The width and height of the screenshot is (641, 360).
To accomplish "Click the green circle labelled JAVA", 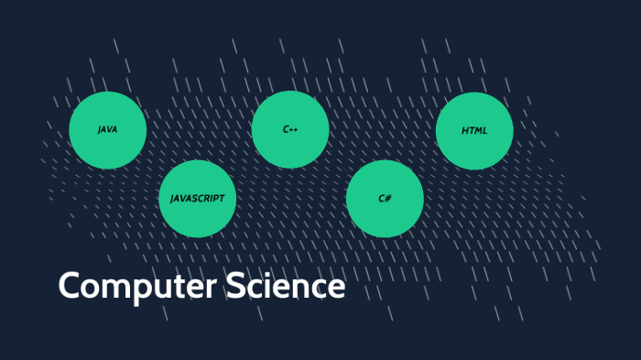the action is coord(107,130).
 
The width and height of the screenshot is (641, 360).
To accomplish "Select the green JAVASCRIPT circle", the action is coord(198,199).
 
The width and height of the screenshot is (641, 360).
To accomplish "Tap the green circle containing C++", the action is coord(290,129).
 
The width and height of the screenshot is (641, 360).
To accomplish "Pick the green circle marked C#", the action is coord(385,199).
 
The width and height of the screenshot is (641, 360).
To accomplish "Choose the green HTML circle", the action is coord(474,131).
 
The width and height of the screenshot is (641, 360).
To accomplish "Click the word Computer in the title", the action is coord(137,287).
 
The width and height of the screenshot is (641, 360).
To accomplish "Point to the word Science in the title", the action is coord(286,285).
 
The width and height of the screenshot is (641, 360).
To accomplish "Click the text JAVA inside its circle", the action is coord(107,130).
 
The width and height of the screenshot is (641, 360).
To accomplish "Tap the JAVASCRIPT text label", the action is coord(198,199).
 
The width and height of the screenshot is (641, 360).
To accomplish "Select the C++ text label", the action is coord(290,129).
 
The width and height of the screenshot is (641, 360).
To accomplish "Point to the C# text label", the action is coord(385,199).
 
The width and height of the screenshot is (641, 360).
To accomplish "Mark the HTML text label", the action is coord(474,131).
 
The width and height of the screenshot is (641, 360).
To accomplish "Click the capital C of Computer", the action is coord(69,285).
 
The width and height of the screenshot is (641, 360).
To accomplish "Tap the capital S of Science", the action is coord(235,285).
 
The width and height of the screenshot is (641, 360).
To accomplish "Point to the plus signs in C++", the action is coord(294,130).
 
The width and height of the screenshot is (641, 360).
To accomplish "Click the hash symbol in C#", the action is coord(388,199).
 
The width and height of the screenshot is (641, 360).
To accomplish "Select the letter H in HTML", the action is coord(465,131).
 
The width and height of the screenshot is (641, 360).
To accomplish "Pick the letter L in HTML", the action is coord(484,131).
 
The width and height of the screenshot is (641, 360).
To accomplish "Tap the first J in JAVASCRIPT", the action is coord(172,199).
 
